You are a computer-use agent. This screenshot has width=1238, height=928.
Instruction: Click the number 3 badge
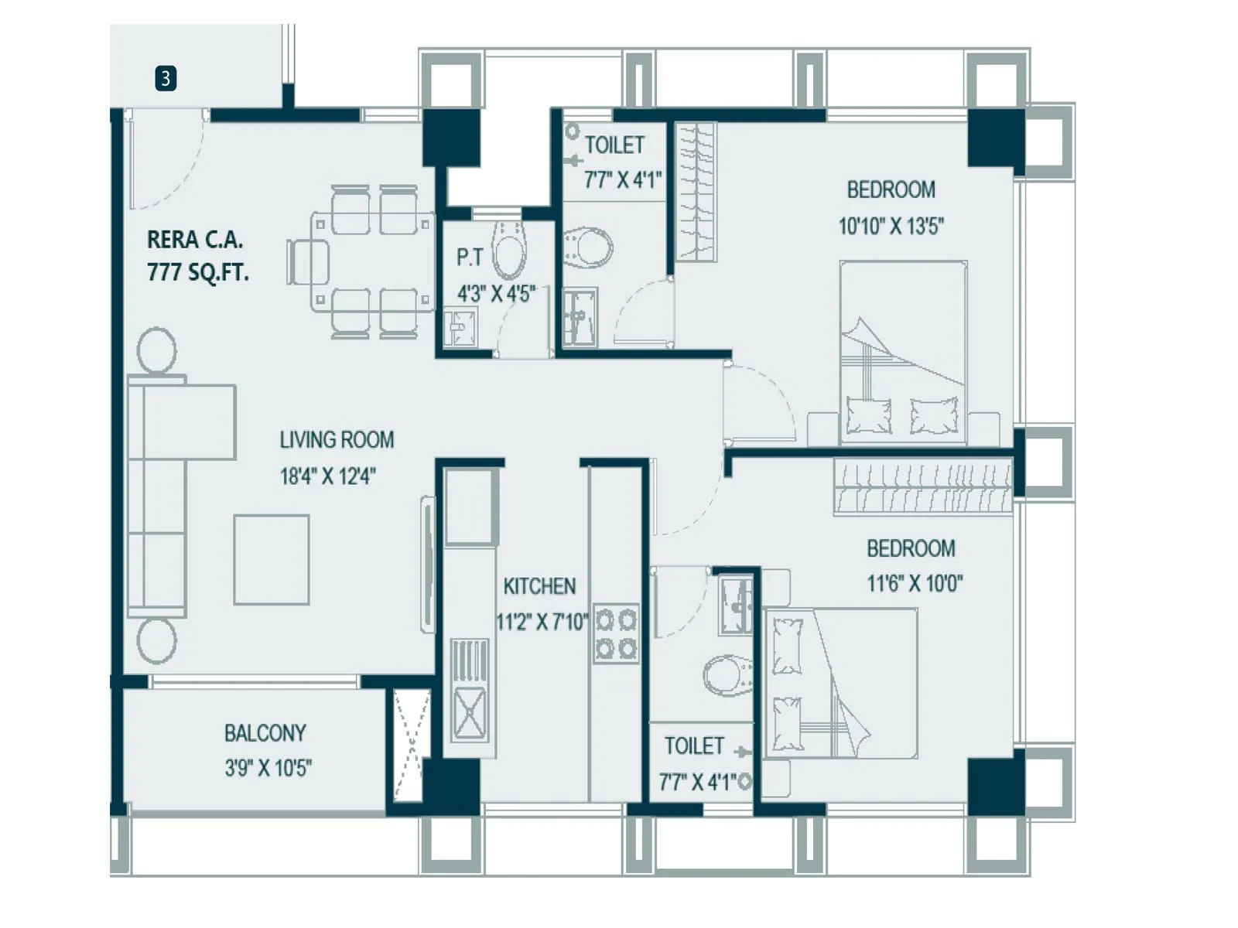click(x=166, y=78)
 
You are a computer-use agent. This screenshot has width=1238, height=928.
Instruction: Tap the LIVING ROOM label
click(x=337, y=440)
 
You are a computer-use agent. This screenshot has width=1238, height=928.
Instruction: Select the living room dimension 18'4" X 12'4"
click(x=328, y=476)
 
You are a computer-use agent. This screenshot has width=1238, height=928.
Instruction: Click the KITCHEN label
click(x=539, y=586)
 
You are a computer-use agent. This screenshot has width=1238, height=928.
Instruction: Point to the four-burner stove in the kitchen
click(x=616, y=633)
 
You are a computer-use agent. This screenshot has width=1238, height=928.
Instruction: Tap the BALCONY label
click(x=265, y=732)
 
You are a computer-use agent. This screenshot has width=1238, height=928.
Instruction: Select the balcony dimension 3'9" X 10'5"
click(x=268, y=768)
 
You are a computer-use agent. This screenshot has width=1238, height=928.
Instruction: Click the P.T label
click(x=470, y=257)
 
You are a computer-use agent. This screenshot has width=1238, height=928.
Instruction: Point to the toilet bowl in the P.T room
click(x=509, y=249)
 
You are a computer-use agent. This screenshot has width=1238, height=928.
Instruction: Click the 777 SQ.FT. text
click(x=198, y=272)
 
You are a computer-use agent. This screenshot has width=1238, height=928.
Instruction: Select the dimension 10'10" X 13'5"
click(x=891, y=226)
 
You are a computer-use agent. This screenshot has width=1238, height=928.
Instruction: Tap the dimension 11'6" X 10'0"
click(x=915, y=583)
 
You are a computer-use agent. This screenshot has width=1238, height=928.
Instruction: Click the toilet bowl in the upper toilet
click(x=588, y=247)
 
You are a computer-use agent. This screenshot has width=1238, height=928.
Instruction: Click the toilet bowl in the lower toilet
click(x=728, y=674)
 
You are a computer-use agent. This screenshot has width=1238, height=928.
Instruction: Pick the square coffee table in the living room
click(x=272, y=559)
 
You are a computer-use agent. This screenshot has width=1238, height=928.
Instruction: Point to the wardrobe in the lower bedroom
click(x=922, y=487)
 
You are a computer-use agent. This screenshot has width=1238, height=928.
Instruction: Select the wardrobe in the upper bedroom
click(x=696, y=192)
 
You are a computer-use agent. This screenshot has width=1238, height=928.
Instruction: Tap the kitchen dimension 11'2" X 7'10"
click(x=542, y=621)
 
